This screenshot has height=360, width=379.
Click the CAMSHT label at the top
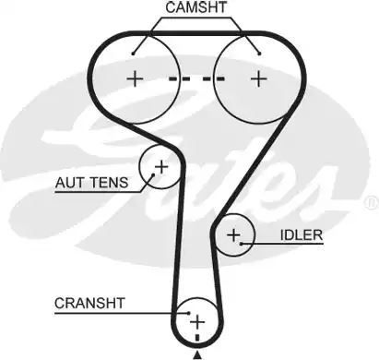point(196,7)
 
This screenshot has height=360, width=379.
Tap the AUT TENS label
point(91,183)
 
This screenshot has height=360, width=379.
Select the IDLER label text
point(302,235)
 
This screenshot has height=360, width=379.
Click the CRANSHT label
point(89,304)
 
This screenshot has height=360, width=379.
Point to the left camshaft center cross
point(135,79)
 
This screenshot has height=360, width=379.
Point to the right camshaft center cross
point(259,78)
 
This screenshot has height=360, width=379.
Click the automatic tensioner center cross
point(161,167)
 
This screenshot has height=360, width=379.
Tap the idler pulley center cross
point(233,235)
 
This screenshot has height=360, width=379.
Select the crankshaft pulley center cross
point(197,322)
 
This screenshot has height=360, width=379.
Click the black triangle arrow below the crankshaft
point(197,355)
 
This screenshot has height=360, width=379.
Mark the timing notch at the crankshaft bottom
point(197,338)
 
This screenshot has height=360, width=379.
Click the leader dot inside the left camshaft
point(133,54)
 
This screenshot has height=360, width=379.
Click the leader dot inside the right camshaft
point(259,54)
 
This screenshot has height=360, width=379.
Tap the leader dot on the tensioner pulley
point(153,175)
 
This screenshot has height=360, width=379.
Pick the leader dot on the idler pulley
point(242,244)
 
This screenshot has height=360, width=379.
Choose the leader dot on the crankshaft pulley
point(189,313)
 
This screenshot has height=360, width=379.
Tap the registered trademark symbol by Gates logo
point(371,202)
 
